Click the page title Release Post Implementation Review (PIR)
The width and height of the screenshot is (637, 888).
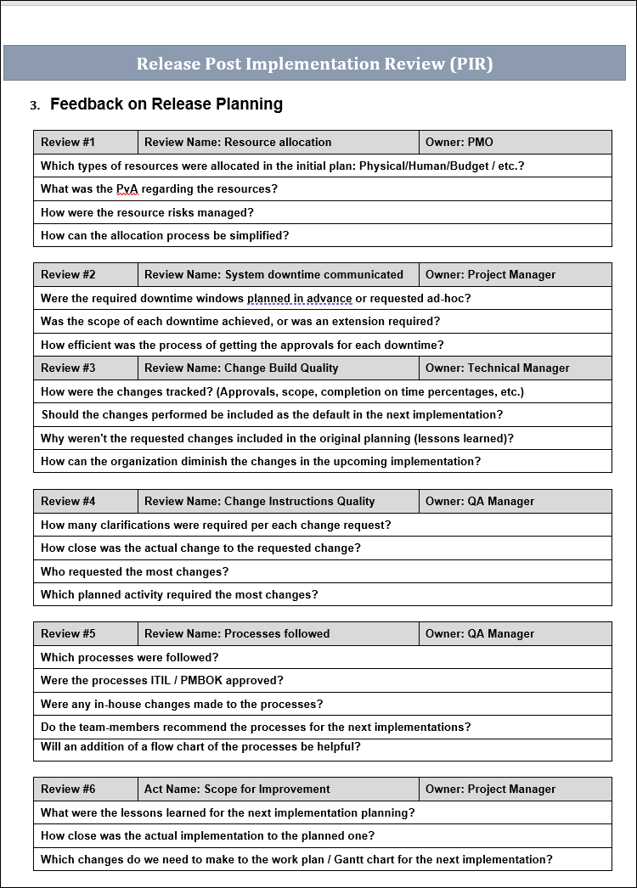click(x=314, y=64)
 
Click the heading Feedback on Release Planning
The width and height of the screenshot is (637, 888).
click(x=166, y=104)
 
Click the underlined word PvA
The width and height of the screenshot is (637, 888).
click(x=127, y=189)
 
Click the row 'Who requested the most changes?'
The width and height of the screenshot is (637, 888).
click(x=134, y=572)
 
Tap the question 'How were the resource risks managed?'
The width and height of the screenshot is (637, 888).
click(x=147, y=213)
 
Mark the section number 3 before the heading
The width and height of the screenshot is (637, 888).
click(x=34, y=106)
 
